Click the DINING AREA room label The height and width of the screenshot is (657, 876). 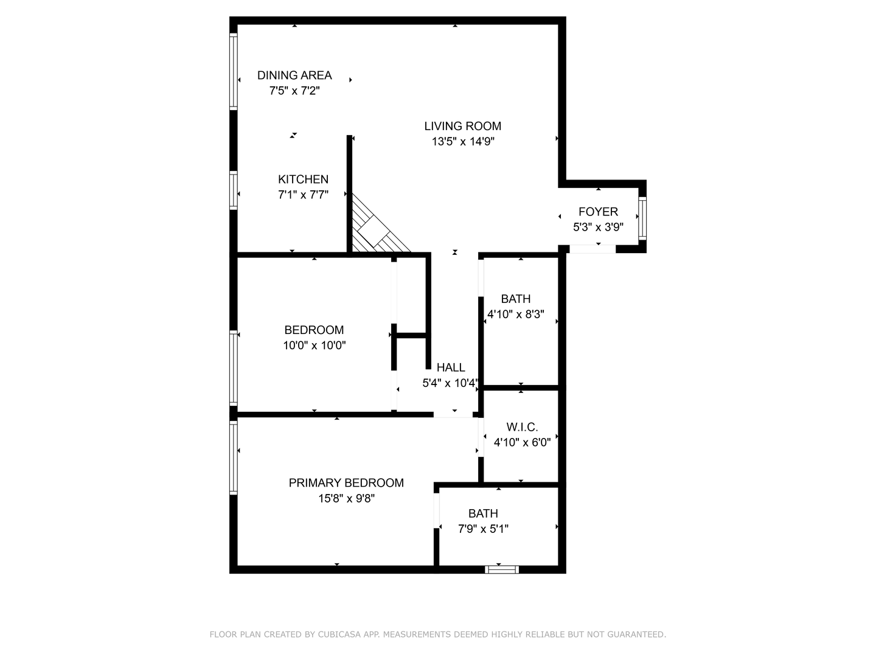294,75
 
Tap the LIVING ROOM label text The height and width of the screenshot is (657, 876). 462,126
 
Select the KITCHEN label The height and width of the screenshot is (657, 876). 303,179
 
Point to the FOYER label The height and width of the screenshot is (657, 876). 598,212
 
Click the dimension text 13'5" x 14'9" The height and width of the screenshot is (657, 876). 462,142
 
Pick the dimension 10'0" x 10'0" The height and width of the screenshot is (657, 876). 314,346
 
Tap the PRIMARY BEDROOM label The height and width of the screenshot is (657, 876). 346,483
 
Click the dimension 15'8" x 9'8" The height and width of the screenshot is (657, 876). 346,499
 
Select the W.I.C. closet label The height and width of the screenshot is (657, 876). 522,427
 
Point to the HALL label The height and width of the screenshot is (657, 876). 451,367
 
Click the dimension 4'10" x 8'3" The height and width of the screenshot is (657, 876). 515,315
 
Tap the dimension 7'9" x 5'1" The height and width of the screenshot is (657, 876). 483,529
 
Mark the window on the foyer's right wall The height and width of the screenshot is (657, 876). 642,217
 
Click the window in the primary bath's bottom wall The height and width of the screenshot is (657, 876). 502,569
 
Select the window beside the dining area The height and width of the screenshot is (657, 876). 233,71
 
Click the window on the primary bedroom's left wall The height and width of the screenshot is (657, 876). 233,458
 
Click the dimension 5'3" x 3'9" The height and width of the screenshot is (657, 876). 598,228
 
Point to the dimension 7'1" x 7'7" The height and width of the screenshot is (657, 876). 303,195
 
